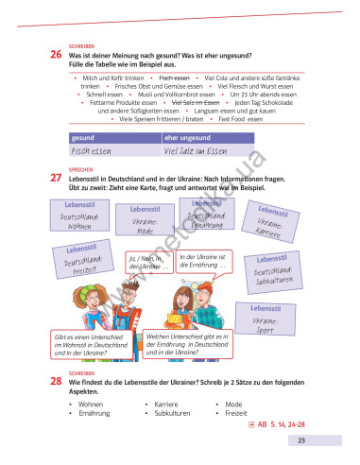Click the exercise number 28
(56, 380)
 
